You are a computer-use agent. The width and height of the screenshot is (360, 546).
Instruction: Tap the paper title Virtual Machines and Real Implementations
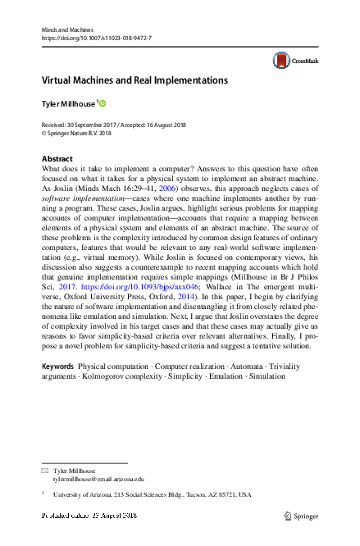pos(134,81)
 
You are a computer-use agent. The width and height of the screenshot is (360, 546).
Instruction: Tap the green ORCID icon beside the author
pos(103,102)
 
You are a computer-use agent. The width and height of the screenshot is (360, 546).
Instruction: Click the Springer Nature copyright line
pos(75,132)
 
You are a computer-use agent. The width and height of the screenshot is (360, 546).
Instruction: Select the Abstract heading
pos(58,157)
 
